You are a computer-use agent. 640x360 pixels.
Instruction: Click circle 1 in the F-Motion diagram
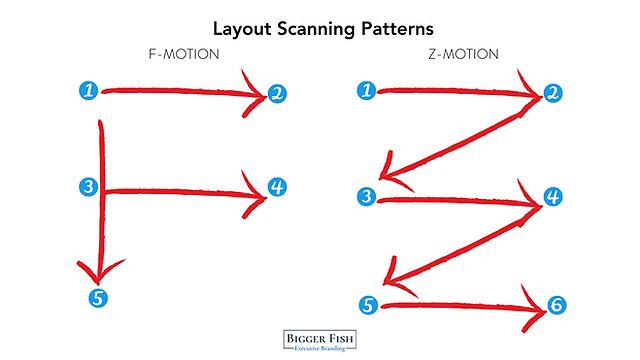click(x=90, y=91)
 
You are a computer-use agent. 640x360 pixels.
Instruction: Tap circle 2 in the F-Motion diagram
click(x=277, y=95)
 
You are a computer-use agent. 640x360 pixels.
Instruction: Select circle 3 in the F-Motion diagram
click(x=90, y=187)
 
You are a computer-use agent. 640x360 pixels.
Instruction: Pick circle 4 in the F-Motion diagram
click(x=277, y=187)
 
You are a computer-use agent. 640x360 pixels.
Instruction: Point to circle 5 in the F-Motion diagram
click(x=97, y=296)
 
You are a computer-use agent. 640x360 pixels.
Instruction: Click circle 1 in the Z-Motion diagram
click(x=367, y=91)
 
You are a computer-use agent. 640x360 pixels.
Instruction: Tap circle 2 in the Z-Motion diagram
click(x=551, y=95)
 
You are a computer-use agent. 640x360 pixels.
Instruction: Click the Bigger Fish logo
click(x=320, y=338)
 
